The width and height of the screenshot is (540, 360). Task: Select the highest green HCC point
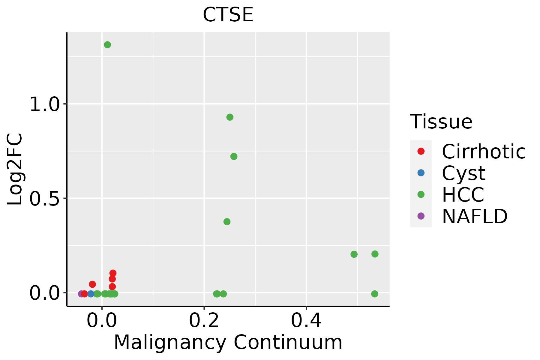click(107, 45)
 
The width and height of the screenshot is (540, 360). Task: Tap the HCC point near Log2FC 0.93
click(230, 117)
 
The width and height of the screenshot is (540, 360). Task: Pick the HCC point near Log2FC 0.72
click(234, 156)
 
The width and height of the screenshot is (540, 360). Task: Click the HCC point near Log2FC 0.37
click(227, 222)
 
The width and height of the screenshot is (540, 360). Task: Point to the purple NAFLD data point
click(81, 294)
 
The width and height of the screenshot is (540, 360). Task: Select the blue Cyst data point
click(91, 294)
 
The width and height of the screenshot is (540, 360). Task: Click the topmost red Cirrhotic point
click(113, 273)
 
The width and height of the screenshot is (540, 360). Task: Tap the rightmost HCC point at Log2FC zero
click(374, 294)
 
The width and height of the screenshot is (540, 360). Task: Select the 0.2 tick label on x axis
click(204, 321)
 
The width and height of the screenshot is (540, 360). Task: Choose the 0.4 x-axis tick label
click(306, 321)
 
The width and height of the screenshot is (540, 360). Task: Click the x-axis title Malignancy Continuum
click(228, 342)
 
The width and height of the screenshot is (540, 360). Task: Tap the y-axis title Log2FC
click(15, 169)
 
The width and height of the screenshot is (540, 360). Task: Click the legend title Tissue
click(441, 122)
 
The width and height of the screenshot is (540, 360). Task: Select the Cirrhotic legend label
click(484, 151)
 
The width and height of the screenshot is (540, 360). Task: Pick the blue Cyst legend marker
click(421, 173)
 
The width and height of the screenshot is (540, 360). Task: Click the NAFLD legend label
click(475, 216)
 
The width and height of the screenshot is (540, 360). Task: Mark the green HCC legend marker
click(421, 194)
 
